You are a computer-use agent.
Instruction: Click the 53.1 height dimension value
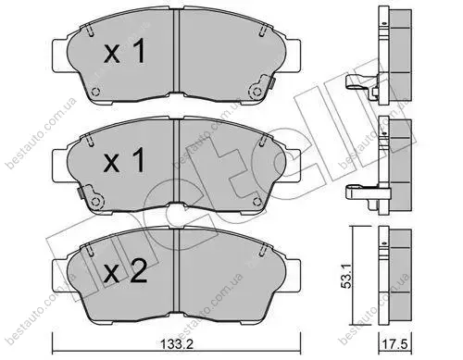[346, 278]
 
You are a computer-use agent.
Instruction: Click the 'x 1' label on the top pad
[124, 52]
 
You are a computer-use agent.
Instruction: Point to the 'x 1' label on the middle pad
[124, 160]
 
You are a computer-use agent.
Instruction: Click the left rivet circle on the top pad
[96, 92]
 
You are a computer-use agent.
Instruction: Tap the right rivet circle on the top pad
[256, 92]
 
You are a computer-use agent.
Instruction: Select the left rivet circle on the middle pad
[96, 201]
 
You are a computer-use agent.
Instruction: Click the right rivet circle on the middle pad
[257, 201]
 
